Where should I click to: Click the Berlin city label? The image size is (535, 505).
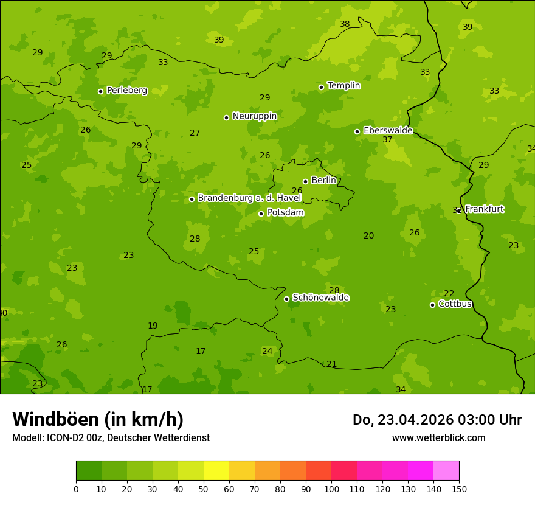click(323, 181)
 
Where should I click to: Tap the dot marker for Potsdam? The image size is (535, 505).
click(261, 214)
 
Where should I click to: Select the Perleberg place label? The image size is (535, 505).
click(126, 91)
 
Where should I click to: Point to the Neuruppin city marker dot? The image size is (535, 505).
click(226, 117)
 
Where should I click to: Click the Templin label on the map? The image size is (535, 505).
click(343, 86)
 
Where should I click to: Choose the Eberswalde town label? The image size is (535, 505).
click(388, 131)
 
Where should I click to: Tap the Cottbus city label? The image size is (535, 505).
click(455, 304)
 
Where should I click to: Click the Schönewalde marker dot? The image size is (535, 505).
click(287, 299)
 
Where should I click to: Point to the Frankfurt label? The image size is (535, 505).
click(484, 209)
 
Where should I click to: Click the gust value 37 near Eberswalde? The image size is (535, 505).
click(387, 140)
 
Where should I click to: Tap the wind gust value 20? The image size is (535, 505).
click(369, 236)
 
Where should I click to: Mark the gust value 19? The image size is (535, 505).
click(153, 326)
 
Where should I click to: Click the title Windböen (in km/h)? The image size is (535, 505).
click(98, 419)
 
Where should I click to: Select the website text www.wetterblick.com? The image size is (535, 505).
click(438, 438)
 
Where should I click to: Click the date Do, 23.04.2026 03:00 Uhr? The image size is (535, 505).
click(437, 420)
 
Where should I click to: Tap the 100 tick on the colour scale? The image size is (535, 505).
click(331, 489)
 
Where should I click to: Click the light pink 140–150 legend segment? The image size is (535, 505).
click(446, 471)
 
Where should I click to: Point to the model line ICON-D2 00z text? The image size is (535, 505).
click(111, 438)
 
